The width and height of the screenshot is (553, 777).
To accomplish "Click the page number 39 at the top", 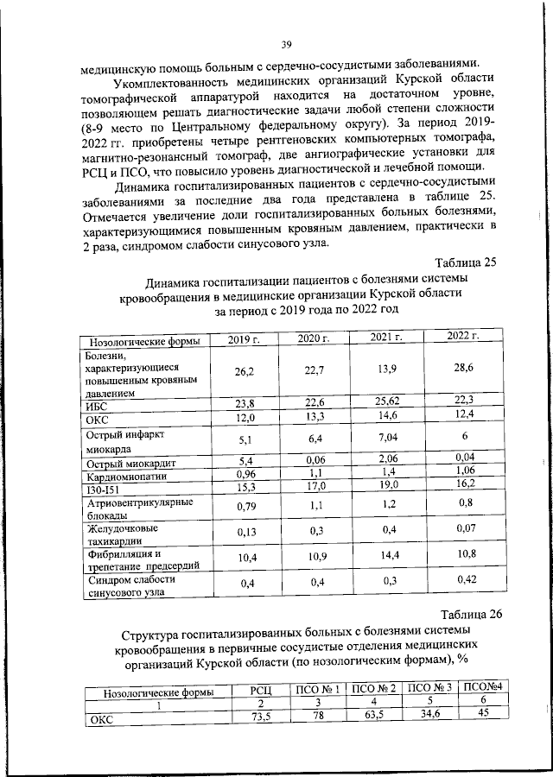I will click(x=287, y=44).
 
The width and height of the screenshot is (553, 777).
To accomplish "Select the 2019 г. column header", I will click(x=245, y=340).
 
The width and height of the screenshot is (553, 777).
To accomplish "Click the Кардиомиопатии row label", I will click(x=120, y=476).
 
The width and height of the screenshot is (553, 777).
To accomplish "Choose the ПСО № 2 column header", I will click(x=376, y=689).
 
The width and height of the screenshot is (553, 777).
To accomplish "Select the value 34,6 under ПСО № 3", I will click(x=429, y=713).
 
